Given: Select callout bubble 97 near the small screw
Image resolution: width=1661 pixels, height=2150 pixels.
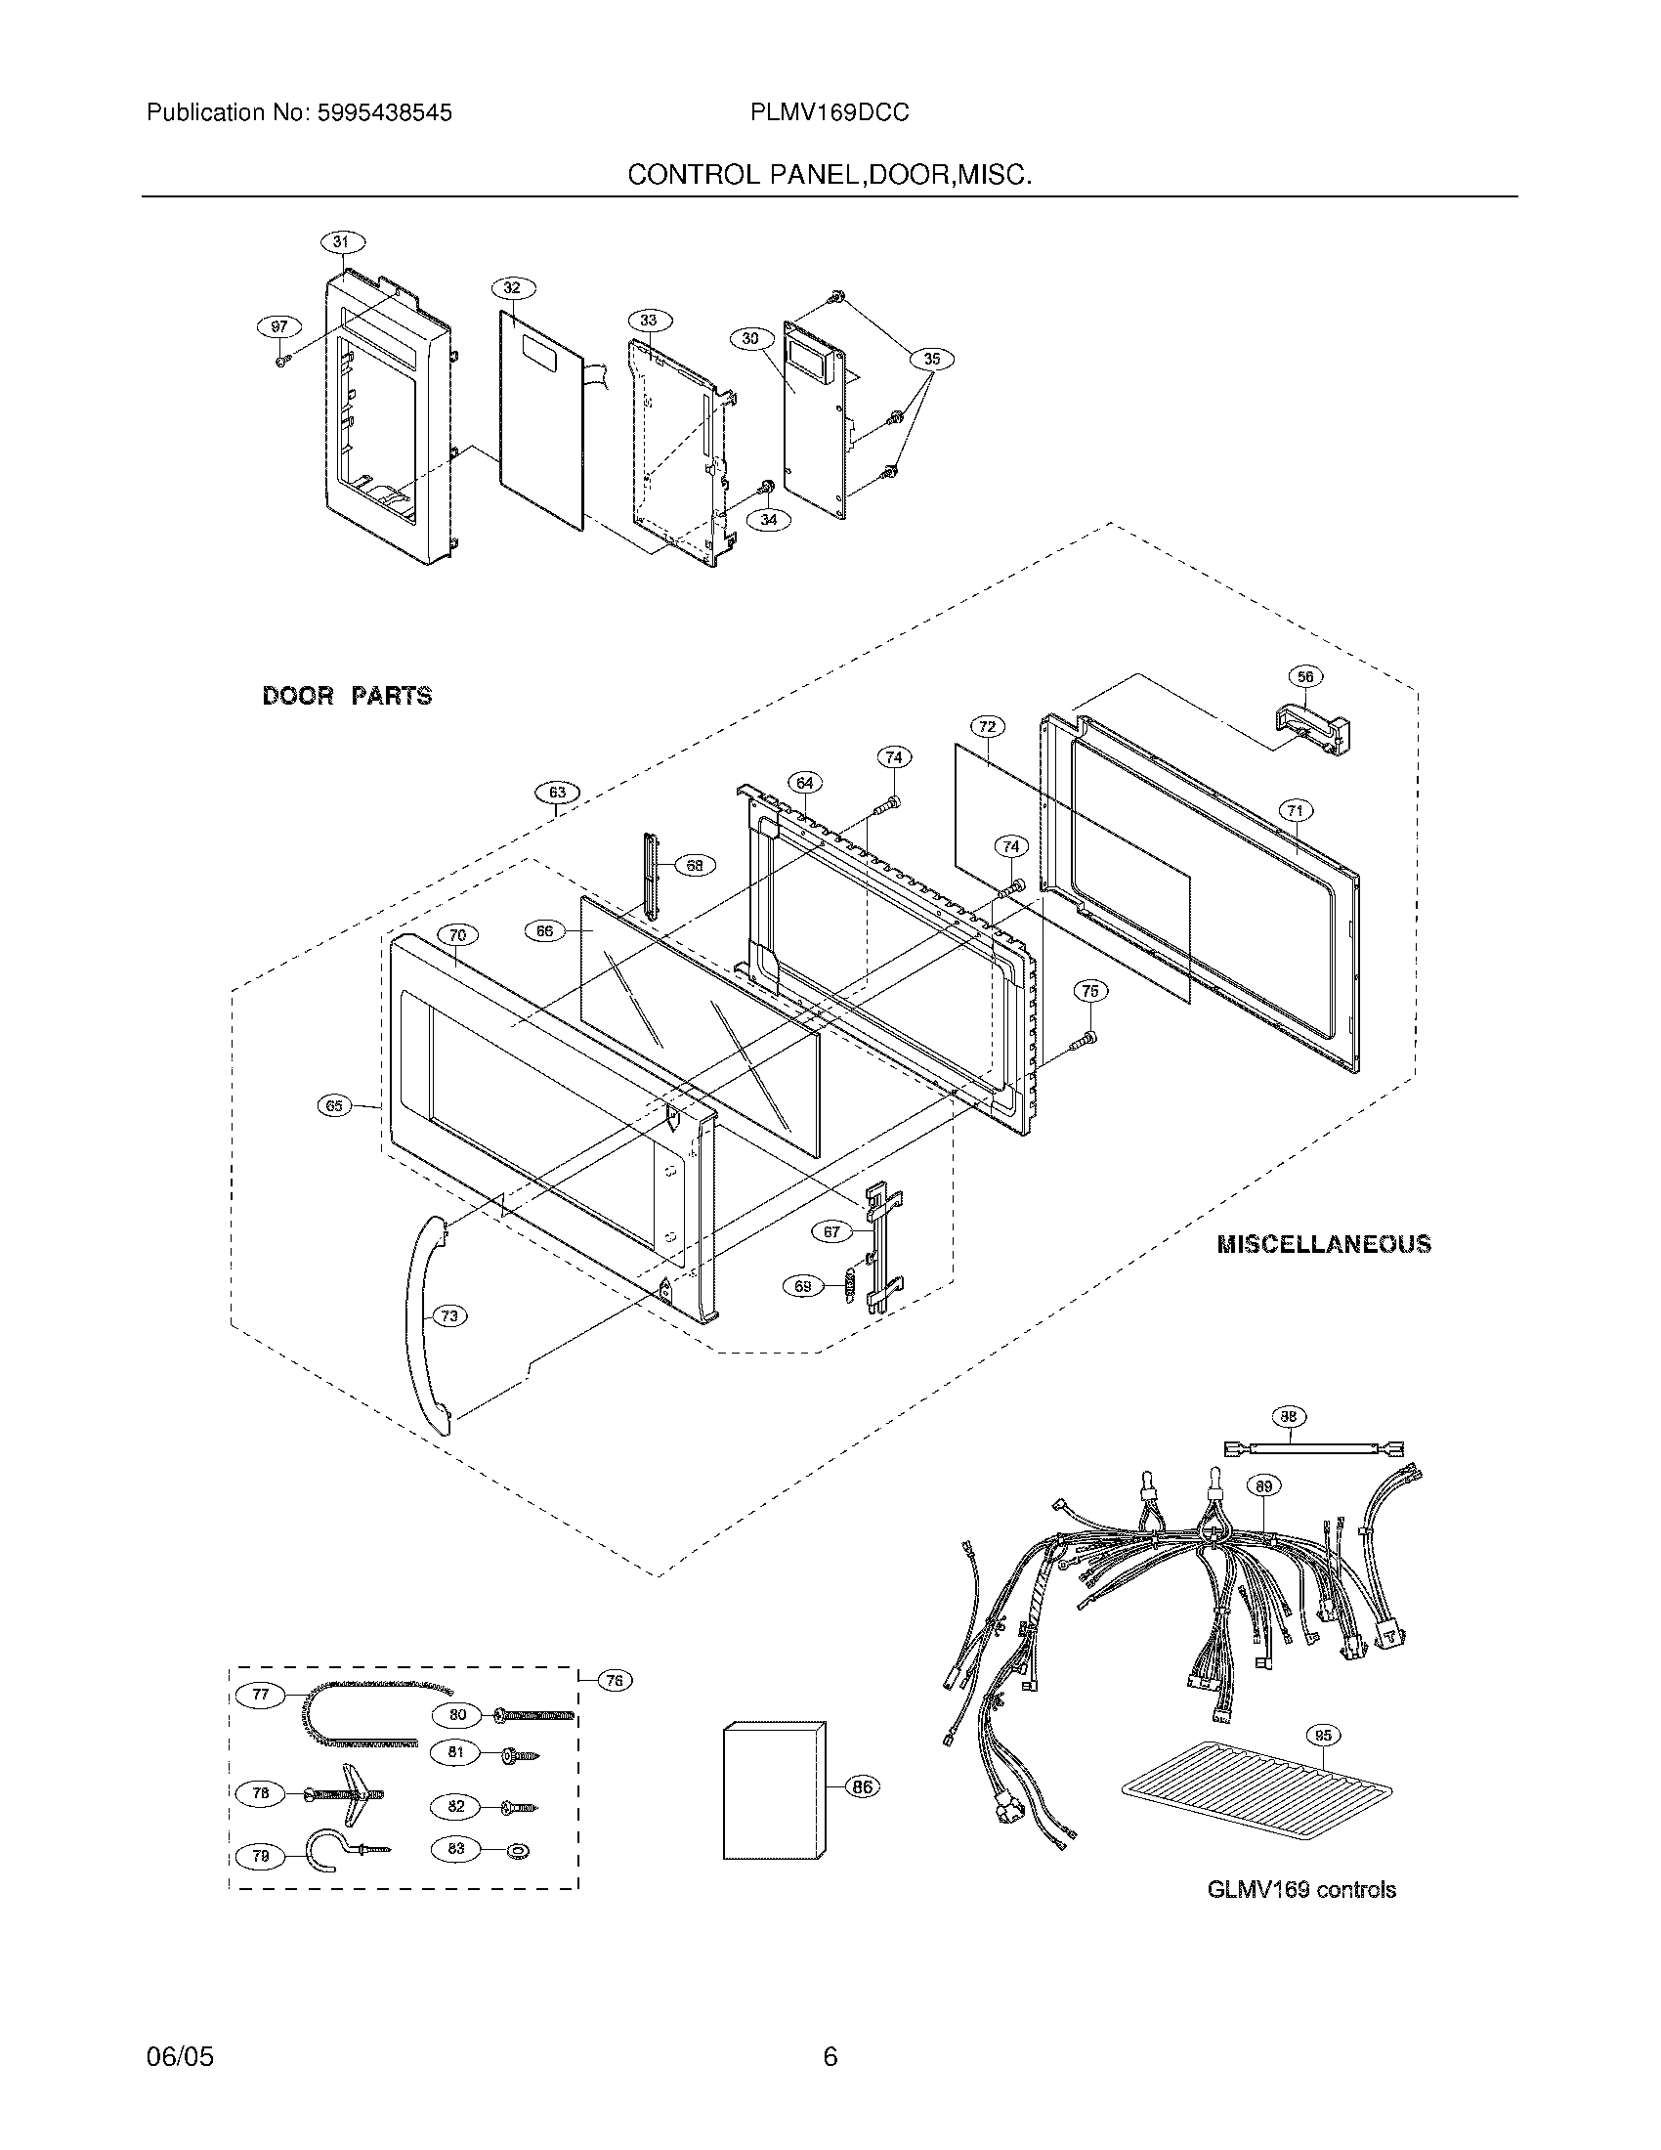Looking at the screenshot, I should pyautogui.click(x=279, y=325).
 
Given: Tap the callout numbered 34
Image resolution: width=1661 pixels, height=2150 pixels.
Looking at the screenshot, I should pyautogui.click(x=770, y=520).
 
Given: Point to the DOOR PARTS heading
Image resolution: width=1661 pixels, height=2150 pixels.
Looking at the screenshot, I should pyautogui.click(x=348, y=696).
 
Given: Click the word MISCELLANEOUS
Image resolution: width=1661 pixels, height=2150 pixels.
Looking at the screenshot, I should pyautogui.click(x=1324, y=1244).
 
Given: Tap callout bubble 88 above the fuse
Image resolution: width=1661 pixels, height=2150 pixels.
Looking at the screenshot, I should pyautogui.click(x=1289, y=1417).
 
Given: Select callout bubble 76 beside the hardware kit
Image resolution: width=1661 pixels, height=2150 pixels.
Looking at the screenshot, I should pyautogui.click(x=614, y=1681).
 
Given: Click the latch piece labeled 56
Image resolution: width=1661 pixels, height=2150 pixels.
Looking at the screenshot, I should pyautogui.click(x=1312, y=729).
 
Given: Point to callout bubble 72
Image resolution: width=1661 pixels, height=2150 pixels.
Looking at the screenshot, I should pyautogui.click(x=988, y=726).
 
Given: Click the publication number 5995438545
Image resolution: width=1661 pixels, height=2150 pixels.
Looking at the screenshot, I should pyautogui.click(x=384, y=113).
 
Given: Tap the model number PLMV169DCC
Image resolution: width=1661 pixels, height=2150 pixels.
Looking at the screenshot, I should pyautogui.click(x=830, y=113).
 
